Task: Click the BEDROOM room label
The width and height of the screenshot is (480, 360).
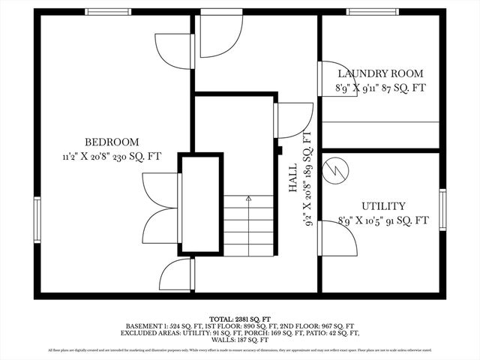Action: click(x=111, y=142)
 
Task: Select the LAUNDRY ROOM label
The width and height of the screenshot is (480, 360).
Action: click(x=379, y=73)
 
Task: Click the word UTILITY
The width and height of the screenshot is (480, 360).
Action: click(x=383, y=205)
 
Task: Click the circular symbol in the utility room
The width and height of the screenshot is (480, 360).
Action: click(x=336, y=169)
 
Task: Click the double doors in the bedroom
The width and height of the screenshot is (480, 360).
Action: click(x=159, y=205)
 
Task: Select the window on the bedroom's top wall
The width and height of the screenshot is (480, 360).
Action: click(x=108, y=12)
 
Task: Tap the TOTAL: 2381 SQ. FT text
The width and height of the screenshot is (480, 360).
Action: click(x=239, y=318)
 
